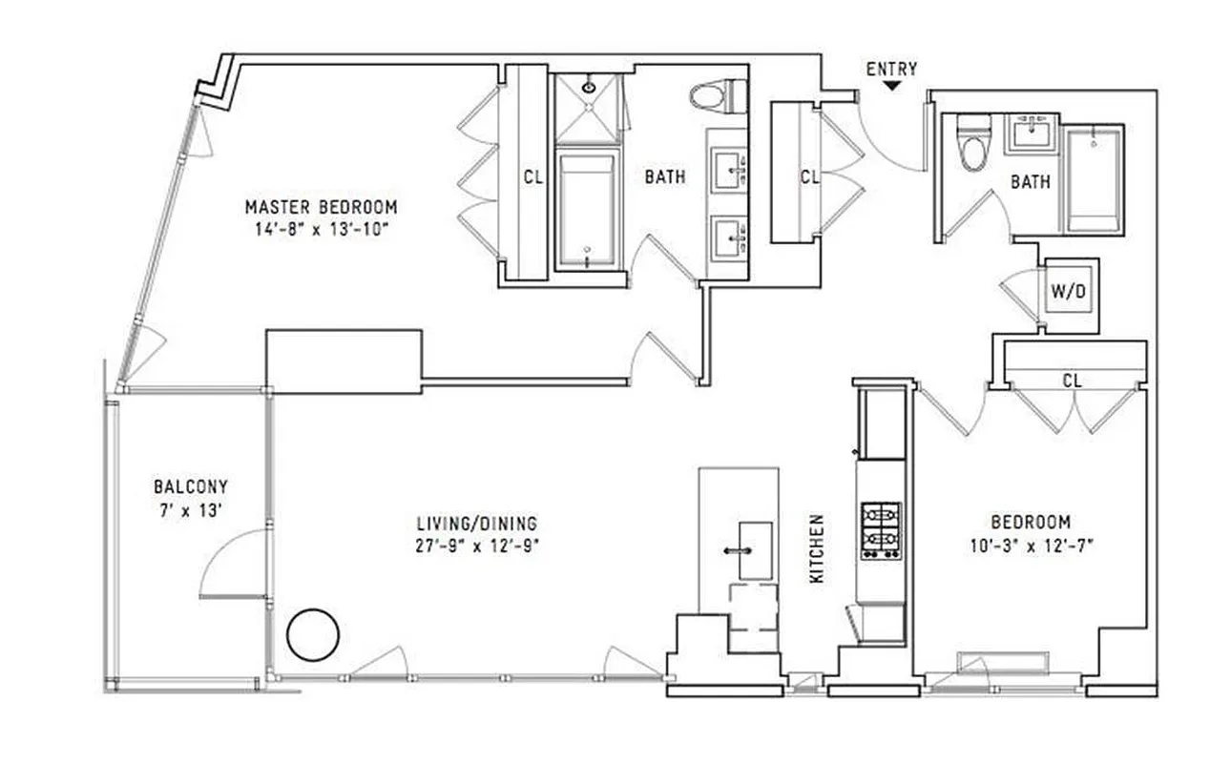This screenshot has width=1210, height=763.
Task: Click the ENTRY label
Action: [x=891, y=69]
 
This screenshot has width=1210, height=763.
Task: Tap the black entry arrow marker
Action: [x=891, y=86]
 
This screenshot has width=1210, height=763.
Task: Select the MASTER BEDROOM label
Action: [x=321, y=207]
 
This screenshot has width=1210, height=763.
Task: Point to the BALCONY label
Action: [x=191, y=486]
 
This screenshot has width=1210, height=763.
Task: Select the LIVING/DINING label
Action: [x=477, y=524]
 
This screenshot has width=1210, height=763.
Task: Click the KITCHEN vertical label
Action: [x=817, y=549]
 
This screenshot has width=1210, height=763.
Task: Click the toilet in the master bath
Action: [x=710, y=96]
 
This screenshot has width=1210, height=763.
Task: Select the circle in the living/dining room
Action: [x=313, y=635]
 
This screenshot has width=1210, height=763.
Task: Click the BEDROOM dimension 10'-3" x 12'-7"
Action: [x=1031, y=546]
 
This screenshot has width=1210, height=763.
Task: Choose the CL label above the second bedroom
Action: [x=1072, y=381]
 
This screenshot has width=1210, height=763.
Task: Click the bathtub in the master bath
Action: [x=584, y=210]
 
